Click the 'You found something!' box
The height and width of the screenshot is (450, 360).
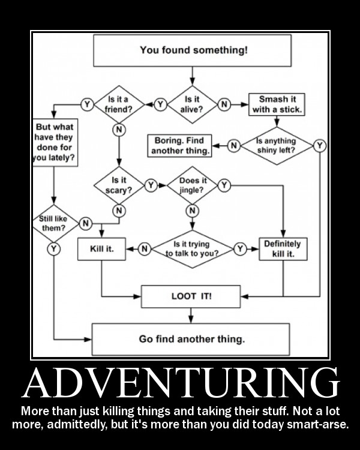point(193,50)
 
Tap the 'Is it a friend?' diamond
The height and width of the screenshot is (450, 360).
point(118,104)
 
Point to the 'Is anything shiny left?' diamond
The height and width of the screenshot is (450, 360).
point(276,145)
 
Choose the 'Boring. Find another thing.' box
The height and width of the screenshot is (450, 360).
point(180,145)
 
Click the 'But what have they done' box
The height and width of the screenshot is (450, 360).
point(55,142)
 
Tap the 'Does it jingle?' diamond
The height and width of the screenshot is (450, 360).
point(192,185)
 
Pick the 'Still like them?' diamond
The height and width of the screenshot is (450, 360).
point(54,224)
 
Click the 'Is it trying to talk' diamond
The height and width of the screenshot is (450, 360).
point(192,248)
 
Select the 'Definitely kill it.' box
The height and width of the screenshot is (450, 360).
point(282,248)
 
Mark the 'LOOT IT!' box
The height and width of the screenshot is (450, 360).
point(191,296)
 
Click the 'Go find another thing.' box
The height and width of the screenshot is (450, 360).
point(191,339)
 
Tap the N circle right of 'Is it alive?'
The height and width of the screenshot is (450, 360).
point(224,104)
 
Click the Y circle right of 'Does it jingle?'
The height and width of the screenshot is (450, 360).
point(223,185)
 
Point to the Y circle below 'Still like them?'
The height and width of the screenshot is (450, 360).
point(54,248)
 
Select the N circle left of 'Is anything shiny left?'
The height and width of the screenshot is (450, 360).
point(234,145)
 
